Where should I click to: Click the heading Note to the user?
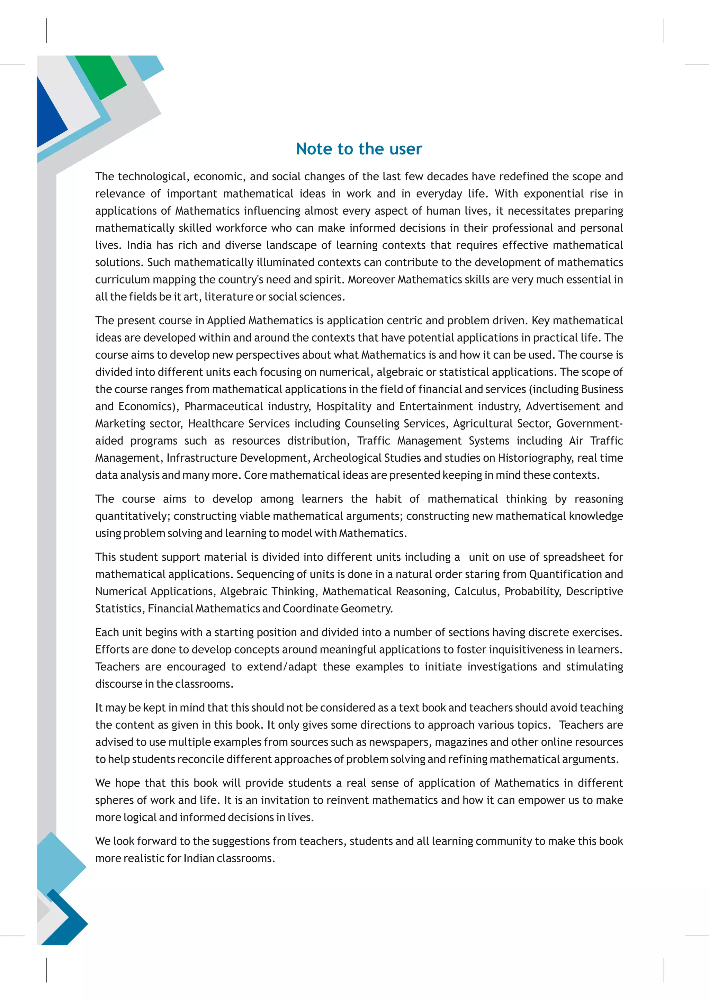click(359, 149)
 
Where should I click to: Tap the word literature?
click(229, 297)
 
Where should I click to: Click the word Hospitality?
click(343, 406)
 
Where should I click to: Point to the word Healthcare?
click(216, 423)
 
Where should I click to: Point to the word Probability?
click(533, 592)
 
